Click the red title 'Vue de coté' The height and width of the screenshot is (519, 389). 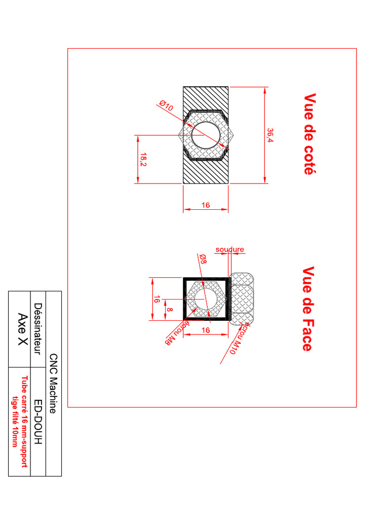click(309, 134)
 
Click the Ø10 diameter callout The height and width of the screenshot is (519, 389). click(166, 106)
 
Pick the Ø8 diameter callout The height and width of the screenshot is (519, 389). click(203, 259)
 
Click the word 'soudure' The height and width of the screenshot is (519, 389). click(229, 249)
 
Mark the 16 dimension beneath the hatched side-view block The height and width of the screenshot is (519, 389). click(206, 205)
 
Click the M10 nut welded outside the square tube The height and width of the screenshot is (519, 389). click(243, 299)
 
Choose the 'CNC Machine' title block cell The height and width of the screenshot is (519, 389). click(54, 384)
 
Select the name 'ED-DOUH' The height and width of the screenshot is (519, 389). click(38, 422)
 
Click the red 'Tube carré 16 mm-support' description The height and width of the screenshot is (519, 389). click(24, 422)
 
